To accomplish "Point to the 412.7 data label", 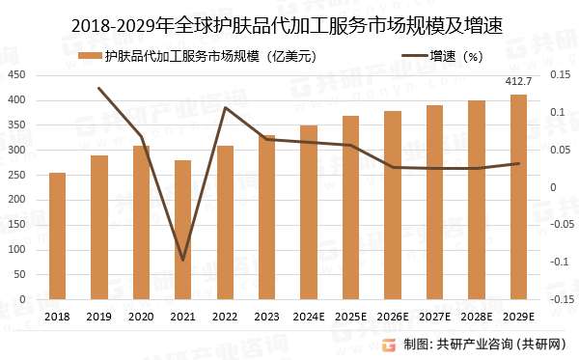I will (519, 82).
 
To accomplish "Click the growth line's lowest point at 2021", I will (182, 261).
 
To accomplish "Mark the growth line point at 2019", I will (99, 88).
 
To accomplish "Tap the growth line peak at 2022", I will (225, 107).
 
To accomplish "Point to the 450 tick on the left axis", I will (15, 75).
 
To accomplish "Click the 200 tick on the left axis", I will (15, 200).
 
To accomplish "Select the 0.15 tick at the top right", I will (559, 75).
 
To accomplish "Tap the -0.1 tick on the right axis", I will (559, 262).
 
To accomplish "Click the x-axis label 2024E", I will (309, 316).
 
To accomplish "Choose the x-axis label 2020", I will (141, 316).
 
